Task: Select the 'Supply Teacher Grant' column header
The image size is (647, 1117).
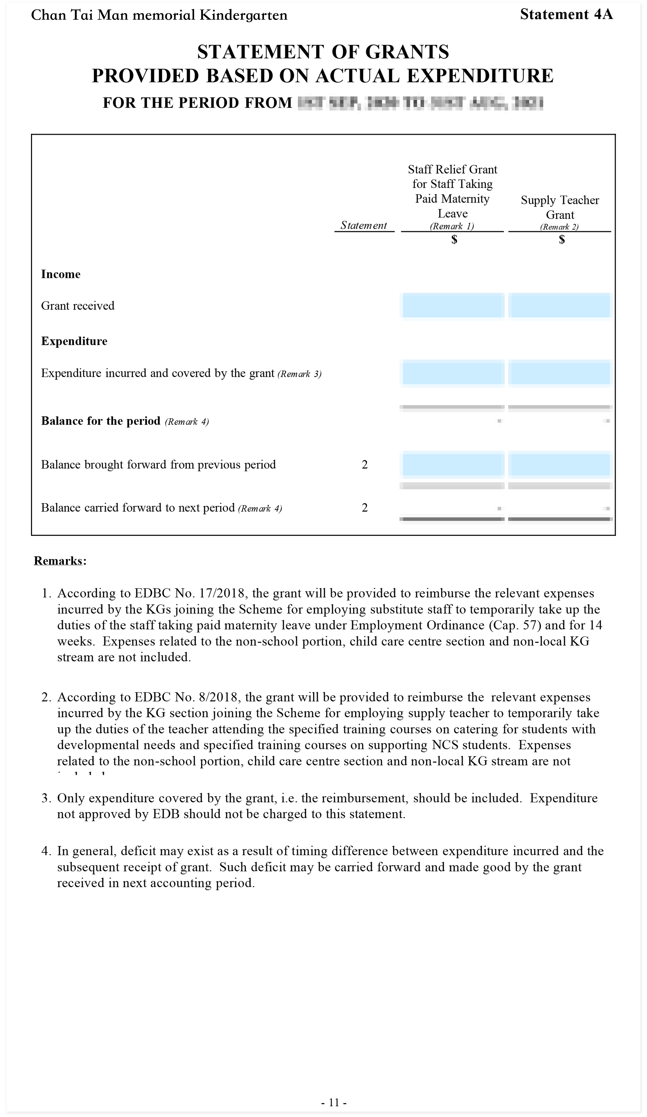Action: (560, 207)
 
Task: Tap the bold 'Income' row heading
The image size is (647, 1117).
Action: (61, 274)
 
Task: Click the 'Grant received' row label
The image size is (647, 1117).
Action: (78, 306)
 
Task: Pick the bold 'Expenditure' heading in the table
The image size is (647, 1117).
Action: (74, 341)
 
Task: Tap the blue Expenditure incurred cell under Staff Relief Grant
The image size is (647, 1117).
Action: (453, 373)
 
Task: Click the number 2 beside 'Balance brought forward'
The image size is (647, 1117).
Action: (364, 464)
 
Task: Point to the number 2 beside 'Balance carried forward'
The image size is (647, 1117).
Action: (364, 508)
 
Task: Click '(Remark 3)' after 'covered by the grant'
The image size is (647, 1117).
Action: (299, 374)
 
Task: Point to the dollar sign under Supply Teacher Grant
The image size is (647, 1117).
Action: (562, 240)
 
